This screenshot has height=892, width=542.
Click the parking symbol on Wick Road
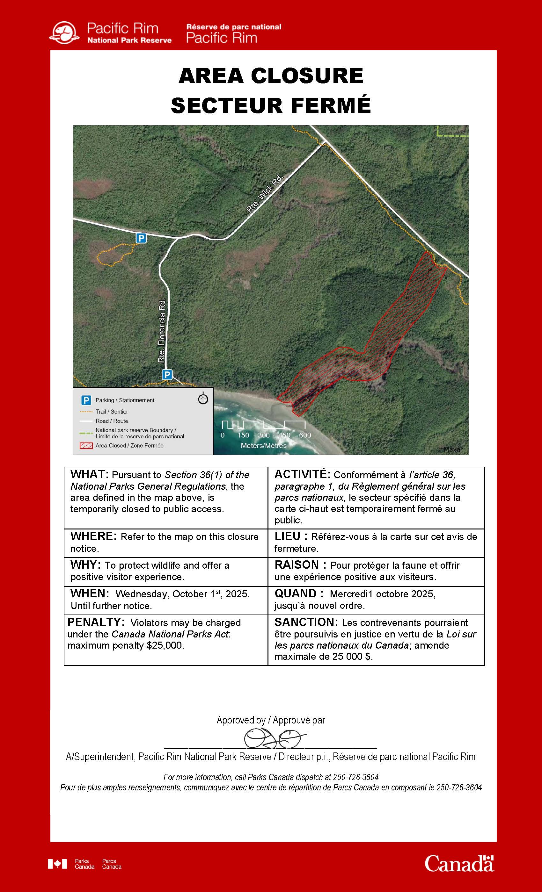[x=141, y=238]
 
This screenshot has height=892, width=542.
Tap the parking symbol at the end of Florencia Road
[x=167, y=374]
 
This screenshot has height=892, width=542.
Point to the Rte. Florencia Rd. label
[x=162, y=330]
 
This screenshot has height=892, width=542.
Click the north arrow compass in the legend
[x=203, y=399]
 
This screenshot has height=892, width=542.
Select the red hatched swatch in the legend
[x=86, y=446]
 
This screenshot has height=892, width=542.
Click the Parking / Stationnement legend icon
[x=86, y=400]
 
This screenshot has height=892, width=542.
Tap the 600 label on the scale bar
[x=305, y=435]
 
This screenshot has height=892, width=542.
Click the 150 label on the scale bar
[x=243, y=435]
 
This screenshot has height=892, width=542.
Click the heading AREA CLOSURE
[x=271, y=76]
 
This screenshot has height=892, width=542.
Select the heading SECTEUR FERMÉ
[x=271, y=105]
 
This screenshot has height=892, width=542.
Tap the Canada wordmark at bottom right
[x=459, y=864]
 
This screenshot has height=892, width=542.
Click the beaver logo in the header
[x=64, y=33]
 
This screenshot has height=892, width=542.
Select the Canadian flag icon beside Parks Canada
[x=57, y=864]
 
